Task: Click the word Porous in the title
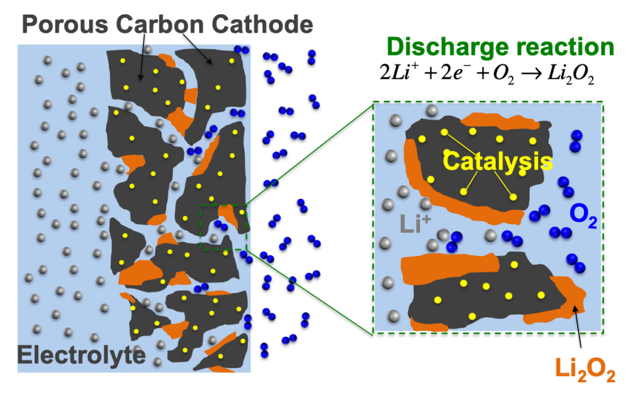pyautogui.click(x=65, y=25)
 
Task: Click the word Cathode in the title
pyautogui.click(x=262, y=25)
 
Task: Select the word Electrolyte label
pyautogui.click(x=81, y=355)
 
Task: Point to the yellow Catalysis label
pyautogui.click(x=497, y=161)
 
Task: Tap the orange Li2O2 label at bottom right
pyautogui.click(x=585, y=369)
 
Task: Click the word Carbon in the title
pyautogui.click(x=160, y=25)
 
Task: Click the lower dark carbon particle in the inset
pyautogui.click(x=486, y=294)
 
